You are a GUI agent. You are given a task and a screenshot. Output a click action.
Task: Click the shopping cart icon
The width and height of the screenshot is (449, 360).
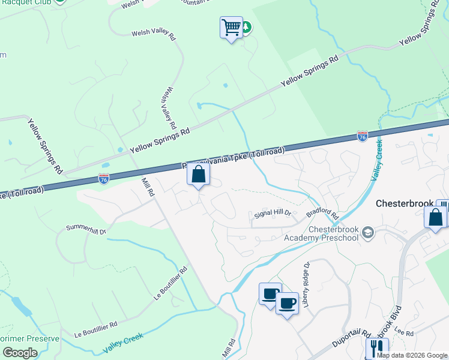(x=231, y=28)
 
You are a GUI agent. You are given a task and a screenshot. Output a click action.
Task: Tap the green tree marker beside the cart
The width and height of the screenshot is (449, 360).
(x=246, y=27)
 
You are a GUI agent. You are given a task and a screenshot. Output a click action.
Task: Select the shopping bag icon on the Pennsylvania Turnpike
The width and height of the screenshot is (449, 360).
(x=199, y=175)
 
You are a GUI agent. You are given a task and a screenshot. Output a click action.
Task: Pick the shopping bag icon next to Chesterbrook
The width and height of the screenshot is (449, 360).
(x=436, y=217)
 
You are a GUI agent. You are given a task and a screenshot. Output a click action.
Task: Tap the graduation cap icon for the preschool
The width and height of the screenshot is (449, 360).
(x=368, y=232)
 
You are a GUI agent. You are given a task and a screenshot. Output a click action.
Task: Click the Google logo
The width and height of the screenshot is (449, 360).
(x=20, y=353)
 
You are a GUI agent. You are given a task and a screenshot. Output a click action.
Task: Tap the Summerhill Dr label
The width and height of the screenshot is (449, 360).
(x=85, y=229)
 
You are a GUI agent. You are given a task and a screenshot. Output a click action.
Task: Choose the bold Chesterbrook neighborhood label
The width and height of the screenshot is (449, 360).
(x=405, y=203)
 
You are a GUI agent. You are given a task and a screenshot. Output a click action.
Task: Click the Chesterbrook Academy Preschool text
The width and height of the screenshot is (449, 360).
(x=334, y=233)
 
